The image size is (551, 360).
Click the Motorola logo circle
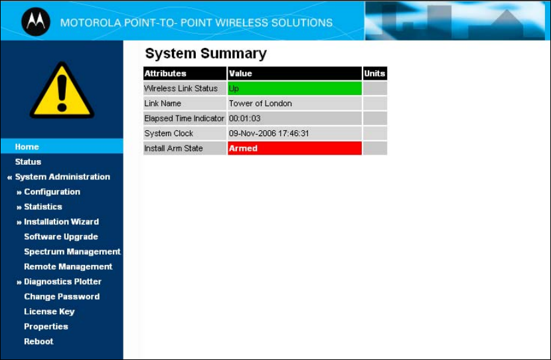36,22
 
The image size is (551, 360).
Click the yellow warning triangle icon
62,91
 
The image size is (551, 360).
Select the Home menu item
27,147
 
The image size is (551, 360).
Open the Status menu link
28,161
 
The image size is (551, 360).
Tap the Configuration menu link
52,191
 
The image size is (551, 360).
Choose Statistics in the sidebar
43,207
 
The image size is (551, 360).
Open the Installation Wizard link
62,221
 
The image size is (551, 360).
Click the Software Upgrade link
61,236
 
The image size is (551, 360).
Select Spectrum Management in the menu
72,252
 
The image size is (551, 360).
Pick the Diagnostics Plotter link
62,282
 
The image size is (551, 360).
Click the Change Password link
62,296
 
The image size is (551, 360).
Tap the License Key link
49,312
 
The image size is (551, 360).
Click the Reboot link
39,341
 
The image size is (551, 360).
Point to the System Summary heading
206,53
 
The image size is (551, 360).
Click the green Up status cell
295,88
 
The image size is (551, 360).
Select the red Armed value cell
295,148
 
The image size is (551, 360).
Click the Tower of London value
260,104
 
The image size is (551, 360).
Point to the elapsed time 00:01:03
245,118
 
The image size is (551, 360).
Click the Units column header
374,73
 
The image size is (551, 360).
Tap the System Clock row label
169,134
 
